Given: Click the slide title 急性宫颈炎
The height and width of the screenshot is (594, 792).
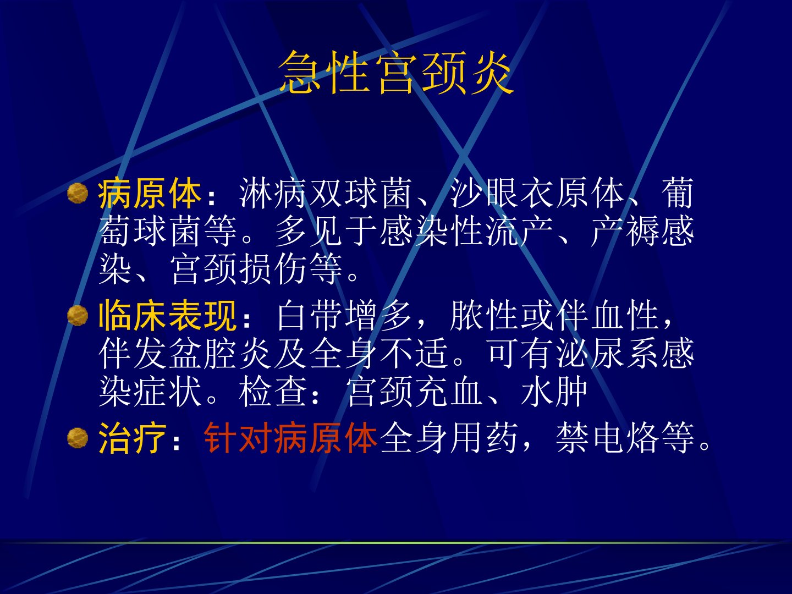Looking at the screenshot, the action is click(396, 73).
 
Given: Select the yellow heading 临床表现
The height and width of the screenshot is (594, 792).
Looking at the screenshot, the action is click(167, 316).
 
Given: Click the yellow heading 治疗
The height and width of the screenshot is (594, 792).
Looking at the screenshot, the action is click(132, 438).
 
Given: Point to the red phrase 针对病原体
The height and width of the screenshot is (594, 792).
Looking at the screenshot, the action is click(290, 438).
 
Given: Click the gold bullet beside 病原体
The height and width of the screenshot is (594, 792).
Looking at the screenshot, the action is click(78, 193).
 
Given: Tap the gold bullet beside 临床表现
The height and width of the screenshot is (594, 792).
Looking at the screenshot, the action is click(78, 315).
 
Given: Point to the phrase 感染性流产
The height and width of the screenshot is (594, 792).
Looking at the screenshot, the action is click(466, 231).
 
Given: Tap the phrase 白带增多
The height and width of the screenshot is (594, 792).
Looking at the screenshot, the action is click(345, 316).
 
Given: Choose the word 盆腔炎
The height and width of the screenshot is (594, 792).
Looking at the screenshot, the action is click(238, 354).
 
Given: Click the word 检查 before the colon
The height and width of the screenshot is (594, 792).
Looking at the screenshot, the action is click(273, 391).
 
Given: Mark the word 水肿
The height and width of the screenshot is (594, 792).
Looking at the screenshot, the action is click(554, 391).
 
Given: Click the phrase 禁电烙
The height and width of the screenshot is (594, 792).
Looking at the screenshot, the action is click(607, 438).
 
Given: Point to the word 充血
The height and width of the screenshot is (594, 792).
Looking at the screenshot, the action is click(449, 391).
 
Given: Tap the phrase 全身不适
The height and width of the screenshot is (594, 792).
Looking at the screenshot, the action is click(378, 354).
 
